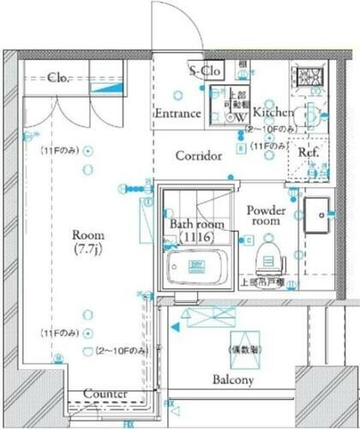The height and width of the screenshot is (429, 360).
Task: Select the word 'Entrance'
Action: pyautogui.click(x=177, y=113)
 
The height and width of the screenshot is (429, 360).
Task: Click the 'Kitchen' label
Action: pyautogui.click(x=273, y=112)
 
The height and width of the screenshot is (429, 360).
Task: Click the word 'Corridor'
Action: pyautogui.click(x=199, y=156)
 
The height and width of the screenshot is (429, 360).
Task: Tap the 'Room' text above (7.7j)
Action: pyautogui.click(x=87, y=235)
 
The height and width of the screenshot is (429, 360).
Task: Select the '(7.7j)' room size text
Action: pyautogui.click(x=87, y=250)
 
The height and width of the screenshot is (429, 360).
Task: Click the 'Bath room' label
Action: pyautogui.click(x=196, y=224)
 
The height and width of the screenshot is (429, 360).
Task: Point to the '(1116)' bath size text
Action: pyautogui.click(x=196, y=237)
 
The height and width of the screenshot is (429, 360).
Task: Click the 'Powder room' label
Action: pyautogui.click(x=266, y=215)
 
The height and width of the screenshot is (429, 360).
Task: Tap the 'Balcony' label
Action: pyautogui.click(x=232, y=380)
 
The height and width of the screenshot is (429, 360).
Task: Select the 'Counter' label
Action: pyautogui.click(x=105, y=394)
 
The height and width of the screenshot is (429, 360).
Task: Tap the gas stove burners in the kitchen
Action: pyautogui.click(x=308, y=75)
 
